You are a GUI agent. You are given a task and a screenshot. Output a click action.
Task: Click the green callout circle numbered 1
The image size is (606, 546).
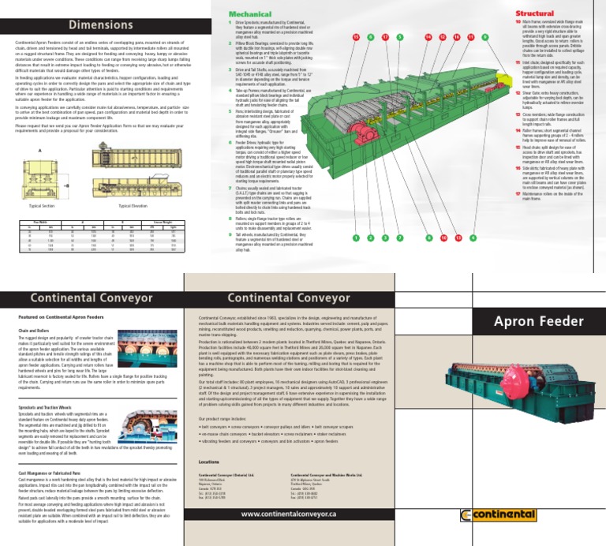point(357,237)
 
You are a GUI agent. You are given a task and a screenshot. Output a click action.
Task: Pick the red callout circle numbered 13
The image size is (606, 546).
point(458,237)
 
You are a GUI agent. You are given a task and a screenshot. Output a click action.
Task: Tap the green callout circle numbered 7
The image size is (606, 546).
point(400,237)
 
